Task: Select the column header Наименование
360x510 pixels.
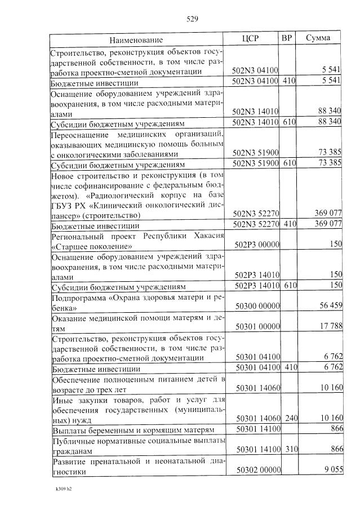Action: point(136,40)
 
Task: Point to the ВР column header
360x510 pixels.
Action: point(286,38)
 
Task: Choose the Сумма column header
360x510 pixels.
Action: point(318,38)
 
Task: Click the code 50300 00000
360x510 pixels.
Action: point(257,307)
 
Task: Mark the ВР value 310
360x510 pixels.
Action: point(289,450)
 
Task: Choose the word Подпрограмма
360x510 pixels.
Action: point(77,298)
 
